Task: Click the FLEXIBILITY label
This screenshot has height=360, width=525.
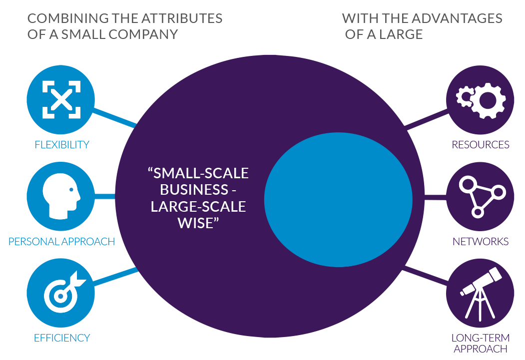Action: coord(62,145)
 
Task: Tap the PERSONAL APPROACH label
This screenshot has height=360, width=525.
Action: coord(62,242)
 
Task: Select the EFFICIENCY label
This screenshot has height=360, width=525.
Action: coord(62,338)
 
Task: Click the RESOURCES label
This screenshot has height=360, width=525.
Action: coord(481,145)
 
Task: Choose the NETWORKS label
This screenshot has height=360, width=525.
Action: coord(481,242)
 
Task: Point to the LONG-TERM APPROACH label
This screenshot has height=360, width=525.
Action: coord(480,343)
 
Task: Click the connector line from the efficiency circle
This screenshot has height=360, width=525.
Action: coord(115,278)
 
